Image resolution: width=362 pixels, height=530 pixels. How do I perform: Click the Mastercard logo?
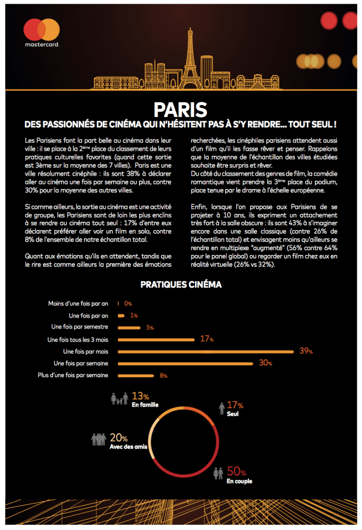click(42, 32)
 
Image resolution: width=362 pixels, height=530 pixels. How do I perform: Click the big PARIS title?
click(180, 109)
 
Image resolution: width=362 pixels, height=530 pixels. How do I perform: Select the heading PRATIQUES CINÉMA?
click(180, 285)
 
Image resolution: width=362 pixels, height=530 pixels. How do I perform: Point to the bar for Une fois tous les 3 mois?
click(156, 339)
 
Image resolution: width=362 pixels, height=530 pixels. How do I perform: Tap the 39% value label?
click(306, 351)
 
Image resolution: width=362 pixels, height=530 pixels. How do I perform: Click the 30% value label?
click(266, 363)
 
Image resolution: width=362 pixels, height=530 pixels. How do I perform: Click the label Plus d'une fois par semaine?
click(74, 375)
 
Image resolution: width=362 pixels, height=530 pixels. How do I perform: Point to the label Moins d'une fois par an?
click(78, 304)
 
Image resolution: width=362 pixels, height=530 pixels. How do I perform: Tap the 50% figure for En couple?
click(236, 472)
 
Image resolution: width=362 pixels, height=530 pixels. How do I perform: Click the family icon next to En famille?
click(119, 399)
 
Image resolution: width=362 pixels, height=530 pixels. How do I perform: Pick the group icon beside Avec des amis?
click(99, 439)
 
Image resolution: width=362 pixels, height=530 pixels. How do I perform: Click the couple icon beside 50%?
click(218, 474)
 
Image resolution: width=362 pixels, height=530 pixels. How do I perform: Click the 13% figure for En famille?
click(141, 396)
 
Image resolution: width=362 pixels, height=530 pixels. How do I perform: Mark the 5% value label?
click(150, 327)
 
